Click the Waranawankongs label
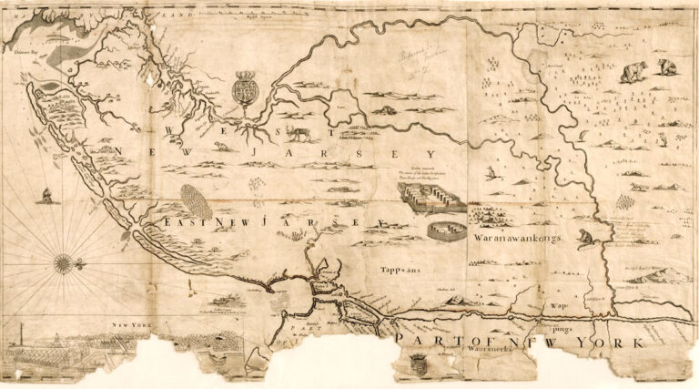520,240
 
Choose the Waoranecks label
440,350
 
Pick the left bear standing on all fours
633,71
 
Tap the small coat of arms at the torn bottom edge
417,364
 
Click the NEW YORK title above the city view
129,325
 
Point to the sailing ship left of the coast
45,193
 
